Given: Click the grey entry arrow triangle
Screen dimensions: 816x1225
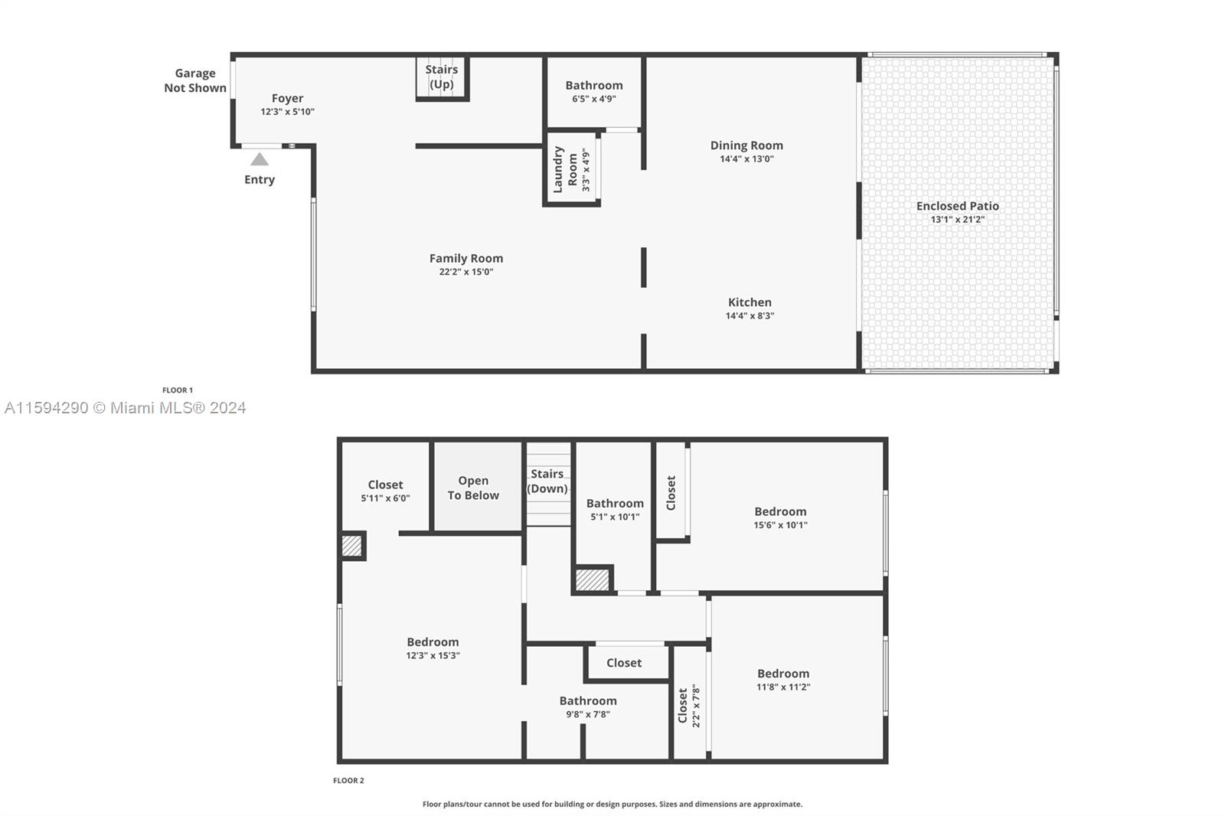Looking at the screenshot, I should [x=260, y=159].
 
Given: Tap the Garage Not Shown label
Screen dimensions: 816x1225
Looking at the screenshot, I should [x=195, y=80].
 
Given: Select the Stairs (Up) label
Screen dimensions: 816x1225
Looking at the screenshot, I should [x=442, y=77].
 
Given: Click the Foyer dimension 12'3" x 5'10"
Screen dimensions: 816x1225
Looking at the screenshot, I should [x=287, y=112].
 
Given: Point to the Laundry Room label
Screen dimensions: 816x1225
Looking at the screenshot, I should [x=565, y=170].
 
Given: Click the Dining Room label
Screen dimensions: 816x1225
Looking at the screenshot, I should [x=746, y=145].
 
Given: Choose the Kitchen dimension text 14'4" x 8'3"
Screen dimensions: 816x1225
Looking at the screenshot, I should [x=750, y=315].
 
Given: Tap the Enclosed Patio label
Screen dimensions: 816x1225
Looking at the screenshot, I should [x=957, y=206].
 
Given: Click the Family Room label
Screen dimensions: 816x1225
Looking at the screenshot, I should [x=465, y=259].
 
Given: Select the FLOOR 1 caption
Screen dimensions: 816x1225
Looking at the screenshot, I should [x=178, y=390].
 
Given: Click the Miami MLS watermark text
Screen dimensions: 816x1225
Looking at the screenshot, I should [x=126, y=408].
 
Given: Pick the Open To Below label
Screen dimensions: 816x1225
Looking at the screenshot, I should [x=473, y=488].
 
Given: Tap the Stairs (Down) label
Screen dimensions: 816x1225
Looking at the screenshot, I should [x=547, y=481].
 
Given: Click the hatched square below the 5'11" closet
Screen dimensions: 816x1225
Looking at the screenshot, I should [x=351, y=546].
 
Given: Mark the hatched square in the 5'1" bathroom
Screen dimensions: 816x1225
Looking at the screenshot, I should [x=593, y=579].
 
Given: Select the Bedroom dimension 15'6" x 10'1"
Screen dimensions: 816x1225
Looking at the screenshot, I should [x=780, y=525].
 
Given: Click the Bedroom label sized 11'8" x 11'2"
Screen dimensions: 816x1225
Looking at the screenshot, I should [x=783, y=674].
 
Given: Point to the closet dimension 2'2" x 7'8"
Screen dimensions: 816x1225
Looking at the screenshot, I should [x=696, y=706].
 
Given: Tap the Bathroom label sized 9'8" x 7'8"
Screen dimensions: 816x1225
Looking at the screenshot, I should [x=588, y=701].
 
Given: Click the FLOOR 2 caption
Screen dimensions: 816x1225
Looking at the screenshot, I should [x=348, y=781].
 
